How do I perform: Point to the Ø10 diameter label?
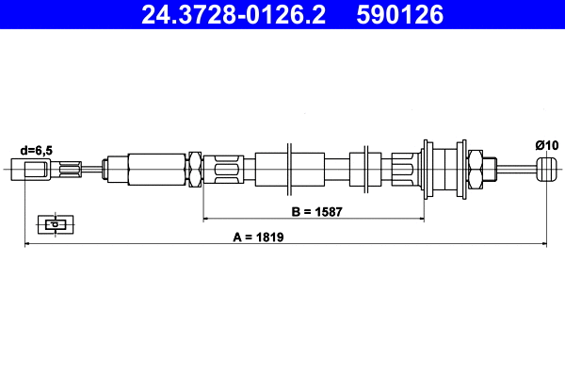click(546, 144)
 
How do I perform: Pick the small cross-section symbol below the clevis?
click(56, 224)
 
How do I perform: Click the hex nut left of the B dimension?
click(197, 171)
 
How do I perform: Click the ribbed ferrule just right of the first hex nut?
click(226, 171)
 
